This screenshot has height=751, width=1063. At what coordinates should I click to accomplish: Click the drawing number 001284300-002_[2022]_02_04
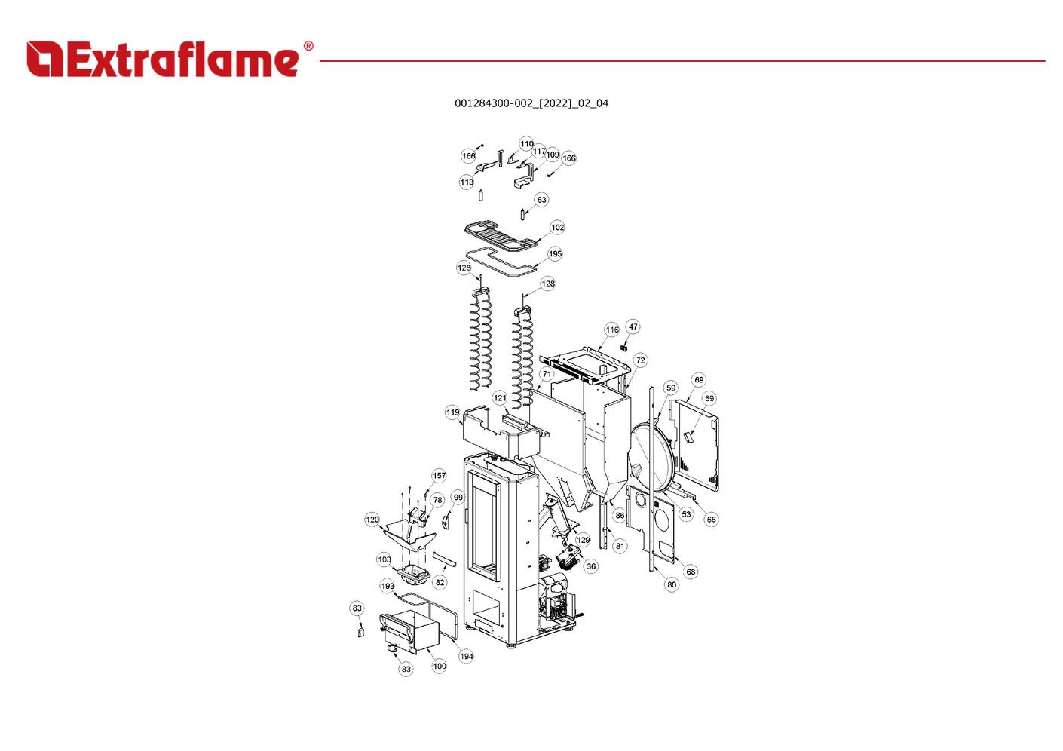[531, 103]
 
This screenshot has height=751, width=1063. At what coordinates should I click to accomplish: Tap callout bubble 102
[557, 228]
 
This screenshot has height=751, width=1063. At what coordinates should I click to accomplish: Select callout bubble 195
[555, 254]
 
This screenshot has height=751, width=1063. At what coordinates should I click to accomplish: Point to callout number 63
[541, 200]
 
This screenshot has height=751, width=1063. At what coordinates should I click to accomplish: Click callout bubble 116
[611, 330]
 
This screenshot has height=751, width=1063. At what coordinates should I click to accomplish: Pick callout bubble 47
[633, 326]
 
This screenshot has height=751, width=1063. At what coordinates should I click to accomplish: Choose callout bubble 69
[699, 380]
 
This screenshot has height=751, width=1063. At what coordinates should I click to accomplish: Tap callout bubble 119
[453, 412]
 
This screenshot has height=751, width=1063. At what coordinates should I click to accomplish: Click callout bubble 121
[500, 398]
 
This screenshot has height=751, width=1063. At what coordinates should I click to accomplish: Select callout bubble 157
[439, 476]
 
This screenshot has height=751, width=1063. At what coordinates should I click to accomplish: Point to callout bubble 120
[372, 520]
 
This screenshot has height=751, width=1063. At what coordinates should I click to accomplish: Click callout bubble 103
[384, 559]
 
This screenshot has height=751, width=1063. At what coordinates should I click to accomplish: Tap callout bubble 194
[466, 656]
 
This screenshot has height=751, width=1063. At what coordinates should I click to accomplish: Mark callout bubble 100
[440, 666]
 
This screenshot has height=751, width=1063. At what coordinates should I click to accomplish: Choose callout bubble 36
[591, 566]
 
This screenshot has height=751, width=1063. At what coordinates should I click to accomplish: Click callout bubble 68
[691, 572]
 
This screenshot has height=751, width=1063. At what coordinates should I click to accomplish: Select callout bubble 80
[672, 584]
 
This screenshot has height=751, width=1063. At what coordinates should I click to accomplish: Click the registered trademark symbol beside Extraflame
[308, 46]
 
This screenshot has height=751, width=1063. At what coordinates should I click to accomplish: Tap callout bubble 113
[467, 182]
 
